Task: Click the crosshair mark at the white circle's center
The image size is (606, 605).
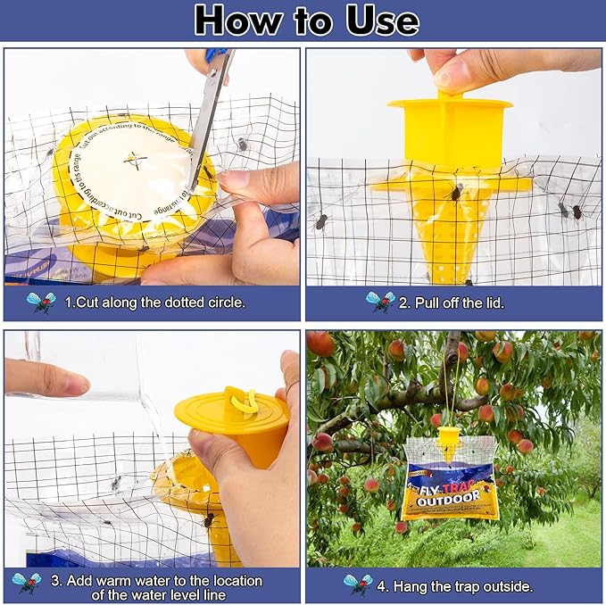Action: [135, 160]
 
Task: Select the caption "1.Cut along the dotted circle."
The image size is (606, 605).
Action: [154, 302]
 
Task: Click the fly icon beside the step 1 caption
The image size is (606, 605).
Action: [40, 302]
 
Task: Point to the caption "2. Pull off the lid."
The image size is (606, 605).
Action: [452, 302]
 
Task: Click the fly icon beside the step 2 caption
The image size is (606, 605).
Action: [380, 302]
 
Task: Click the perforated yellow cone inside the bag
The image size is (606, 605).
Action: [452, 228]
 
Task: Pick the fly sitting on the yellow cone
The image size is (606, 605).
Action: [455, 192]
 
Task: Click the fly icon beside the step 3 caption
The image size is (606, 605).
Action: [26, 583]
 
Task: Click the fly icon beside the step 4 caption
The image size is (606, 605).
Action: [358, 584]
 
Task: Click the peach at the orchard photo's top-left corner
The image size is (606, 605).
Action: [320, 344]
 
